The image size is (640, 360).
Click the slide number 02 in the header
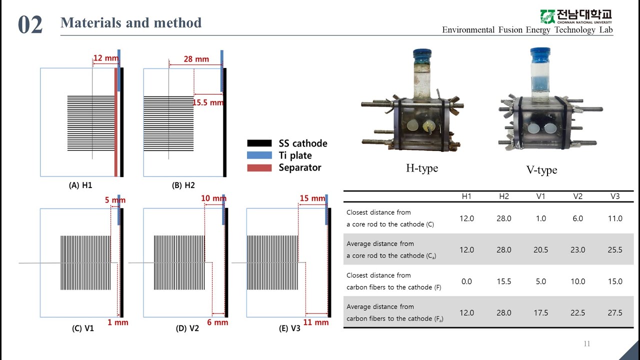[30, 25]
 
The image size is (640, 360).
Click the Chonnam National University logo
[575, 16]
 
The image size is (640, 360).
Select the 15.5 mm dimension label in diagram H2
[208, 102]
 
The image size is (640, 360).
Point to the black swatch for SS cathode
[259, 143]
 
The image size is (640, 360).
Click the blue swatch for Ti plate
[259, 155]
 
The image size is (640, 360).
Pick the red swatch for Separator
[259, 167]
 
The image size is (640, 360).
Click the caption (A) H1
[80, 185]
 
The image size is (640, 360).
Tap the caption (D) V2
[187, 329]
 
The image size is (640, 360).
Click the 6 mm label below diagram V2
[217, 322]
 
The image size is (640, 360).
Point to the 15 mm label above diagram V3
[312, 198]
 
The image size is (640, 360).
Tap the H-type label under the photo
[422, 168]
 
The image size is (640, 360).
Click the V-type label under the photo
[541, 170]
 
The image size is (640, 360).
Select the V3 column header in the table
[615, 196]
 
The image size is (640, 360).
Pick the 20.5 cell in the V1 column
[541, 249]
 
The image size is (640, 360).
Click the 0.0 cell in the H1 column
[466, 281]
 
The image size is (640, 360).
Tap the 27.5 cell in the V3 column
[615, 312]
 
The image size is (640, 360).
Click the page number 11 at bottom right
[587, 343]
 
